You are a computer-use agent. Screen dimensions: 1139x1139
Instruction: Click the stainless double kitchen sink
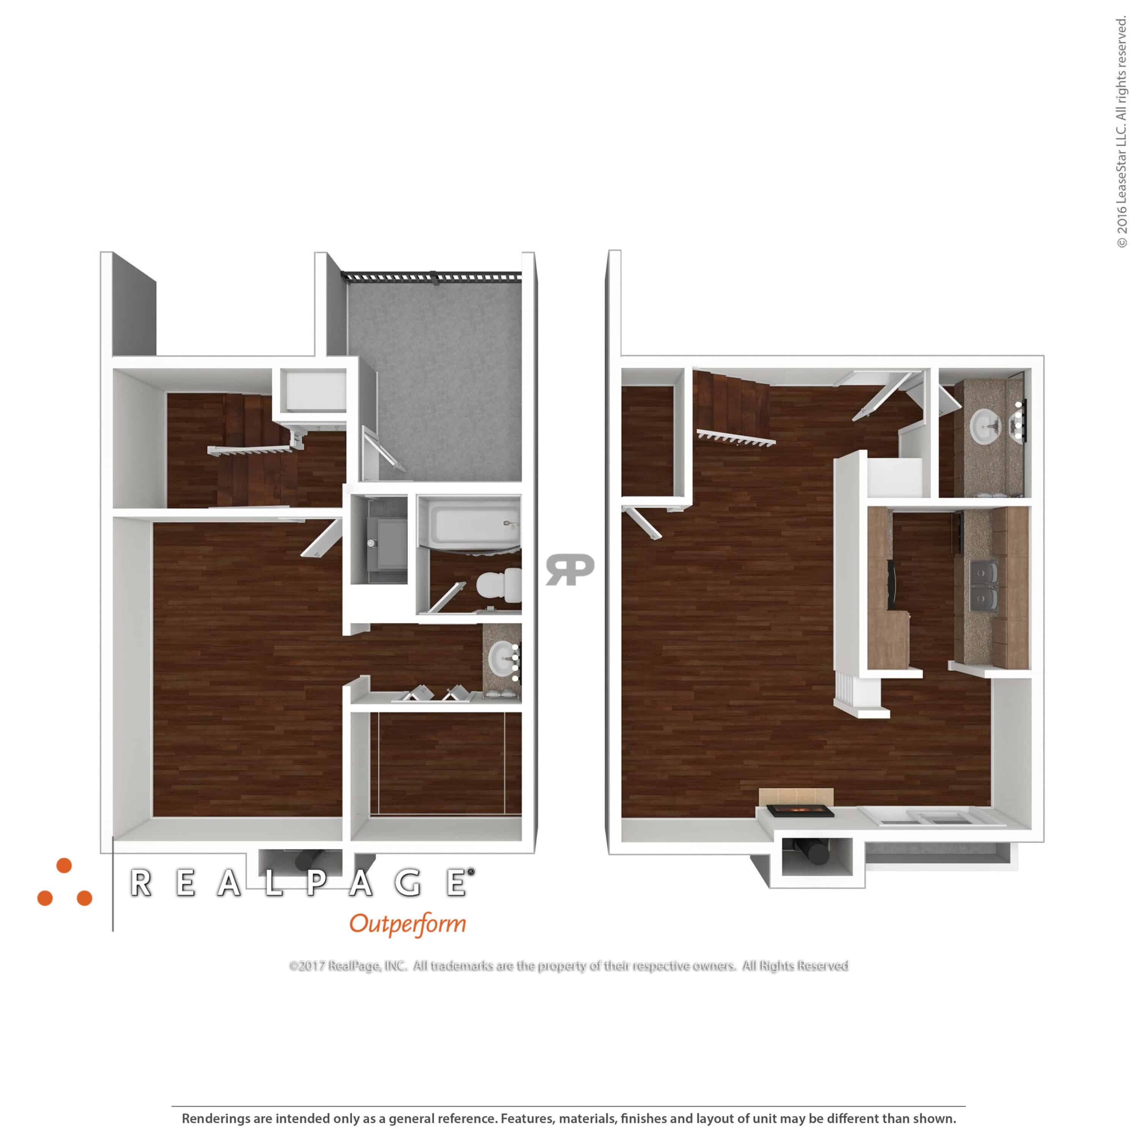(984, 586)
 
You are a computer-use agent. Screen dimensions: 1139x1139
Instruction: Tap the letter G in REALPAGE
(409, 883)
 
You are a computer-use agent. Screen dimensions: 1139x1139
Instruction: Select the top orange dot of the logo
(64, 866)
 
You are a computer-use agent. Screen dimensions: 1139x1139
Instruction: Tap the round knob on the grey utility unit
(371, 543)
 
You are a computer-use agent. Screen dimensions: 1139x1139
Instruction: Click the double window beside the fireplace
(931, 817)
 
